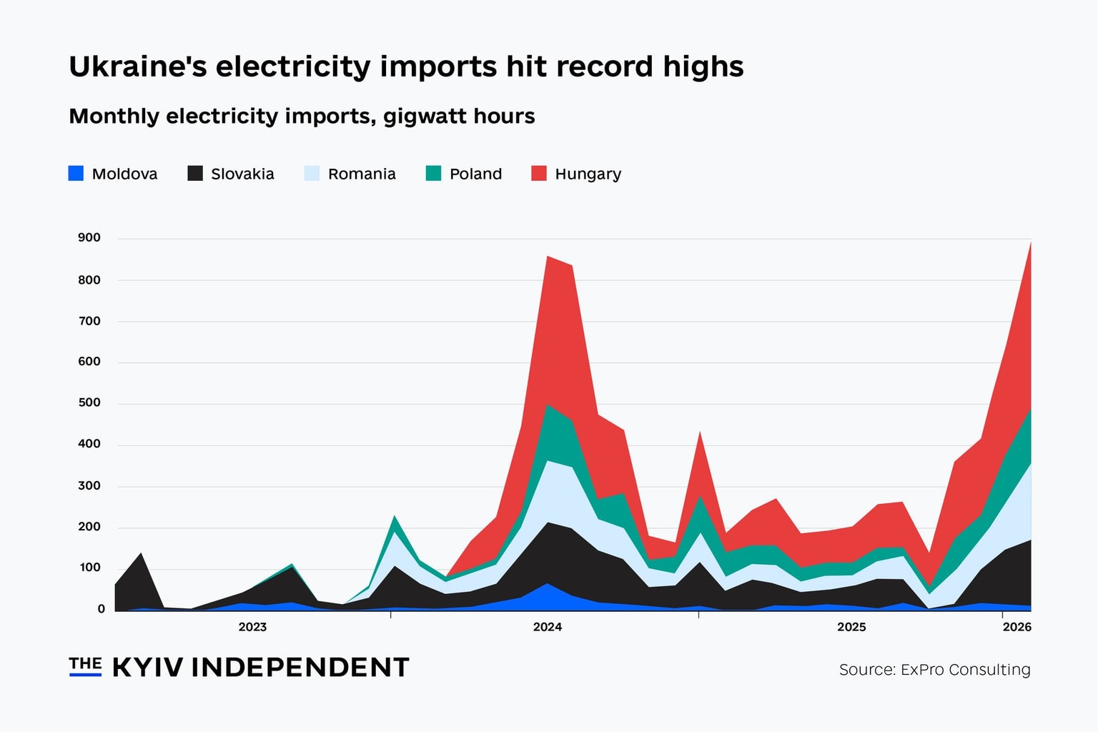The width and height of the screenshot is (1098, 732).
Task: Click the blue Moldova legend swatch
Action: click(76, 174)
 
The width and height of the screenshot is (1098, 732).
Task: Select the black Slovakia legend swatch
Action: click(195, 174)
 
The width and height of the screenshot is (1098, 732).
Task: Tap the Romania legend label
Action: click(361, 174)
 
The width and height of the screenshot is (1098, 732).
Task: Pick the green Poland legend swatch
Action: click(433, 174)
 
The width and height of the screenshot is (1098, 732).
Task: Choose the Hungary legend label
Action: click(588, 174)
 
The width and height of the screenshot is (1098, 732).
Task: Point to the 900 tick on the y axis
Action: click(89, 238)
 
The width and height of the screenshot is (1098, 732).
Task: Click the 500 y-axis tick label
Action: click(89, 402)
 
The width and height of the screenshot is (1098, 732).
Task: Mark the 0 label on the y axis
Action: click(101, 609)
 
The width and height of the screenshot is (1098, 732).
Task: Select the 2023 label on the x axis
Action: click(252, 627)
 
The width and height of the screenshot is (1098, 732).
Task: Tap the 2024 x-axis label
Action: click(548, 627)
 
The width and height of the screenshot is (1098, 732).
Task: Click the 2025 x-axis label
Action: click(851, 627)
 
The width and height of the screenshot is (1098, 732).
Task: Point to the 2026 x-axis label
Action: click(1017, 627)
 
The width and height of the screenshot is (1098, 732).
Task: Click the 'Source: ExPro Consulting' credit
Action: click(934, 670)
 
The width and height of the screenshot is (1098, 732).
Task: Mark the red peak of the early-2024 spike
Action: click(548, 257)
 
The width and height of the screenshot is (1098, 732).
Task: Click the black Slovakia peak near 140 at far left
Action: click(141, 555)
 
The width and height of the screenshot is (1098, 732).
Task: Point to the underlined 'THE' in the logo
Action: click(85, 664)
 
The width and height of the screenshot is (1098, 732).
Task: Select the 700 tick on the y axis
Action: click(89, 321)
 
